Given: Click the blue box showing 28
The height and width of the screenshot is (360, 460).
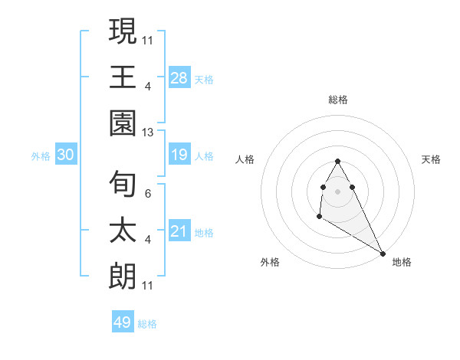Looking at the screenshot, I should tap(179, 77).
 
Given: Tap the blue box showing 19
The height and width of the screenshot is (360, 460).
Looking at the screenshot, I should tap(179, 155).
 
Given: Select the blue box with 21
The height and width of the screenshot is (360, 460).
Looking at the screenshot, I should tap(179, 232).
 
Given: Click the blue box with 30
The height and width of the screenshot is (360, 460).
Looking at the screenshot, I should tap(66, 155).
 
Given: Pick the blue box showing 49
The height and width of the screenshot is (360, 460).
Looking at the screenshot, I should tap(123, 322).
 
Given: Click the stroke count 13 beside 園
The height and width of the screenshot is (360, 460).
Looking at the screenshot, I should tap(148, 132).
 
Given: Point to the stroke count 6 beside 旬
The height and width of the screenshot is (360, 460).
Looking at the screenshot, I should tap(148, 193).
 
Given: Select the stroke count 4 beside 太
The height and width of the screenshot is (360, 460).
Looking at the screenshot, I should tap(148, 240).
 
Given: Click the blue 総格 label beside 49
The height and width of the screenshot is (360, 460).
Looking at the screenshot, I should tap(147, 324).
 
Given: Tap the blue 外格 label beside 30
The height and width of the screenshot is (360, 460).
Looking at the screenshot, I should tap(41, 156).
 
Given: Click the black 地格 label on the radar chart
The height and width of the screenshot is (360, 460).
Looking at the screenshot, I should tap(402, 263).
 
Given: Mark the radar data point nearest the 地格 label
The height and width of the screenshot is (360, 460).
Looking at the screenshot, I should tap(383, 253).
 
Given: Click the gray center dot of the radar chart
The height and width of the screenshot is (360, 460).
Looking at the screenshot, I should tap(337, 191).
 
